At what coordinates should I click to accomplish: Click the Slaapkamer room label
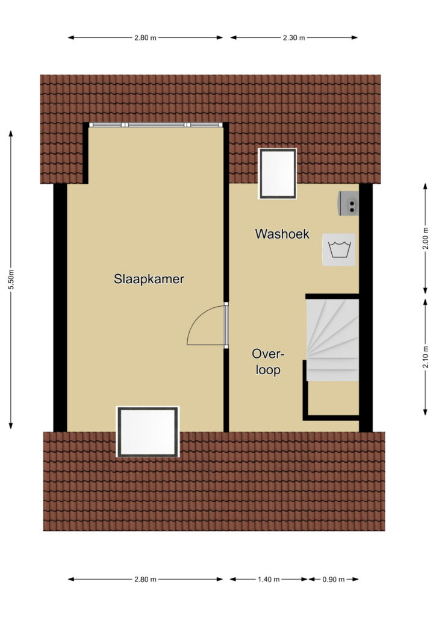(149, 279)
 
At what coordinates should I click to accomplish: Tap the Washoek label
(282, 234)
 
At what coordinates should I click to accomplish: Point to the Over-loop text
(268, 362)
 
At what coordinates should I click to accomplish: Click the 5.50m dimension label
(11, 280)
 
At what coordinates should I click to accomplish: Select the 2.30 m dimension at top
(294, 38)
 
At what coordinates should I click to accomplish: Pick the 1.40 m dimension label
(269, 579)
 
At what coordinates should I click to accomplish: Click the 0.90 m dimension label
(334, 579)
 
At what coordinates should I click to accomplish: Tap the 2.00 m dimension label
(425, 239)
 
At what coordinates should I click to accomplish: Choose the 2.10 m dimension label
(425, 357)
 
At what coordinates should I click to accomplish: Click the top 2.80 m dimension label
(146, 38)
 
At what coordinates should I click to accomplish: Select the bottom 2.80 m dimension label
(146, 579)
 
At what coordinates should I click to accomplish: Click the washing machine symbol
(338, 249)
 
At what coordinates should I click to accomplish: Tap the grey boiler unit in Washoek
(349, 204)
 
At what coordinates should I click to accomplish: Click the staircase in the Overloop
(332, 340)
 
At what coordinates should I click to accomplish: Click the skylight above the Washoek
(277, 174)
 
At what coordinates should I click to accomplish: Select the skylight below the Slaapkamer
(148, 431)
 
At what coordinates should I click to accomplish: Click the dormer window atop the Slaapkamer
(156, 125)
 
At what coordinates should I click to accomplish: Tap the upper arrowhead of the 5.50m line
(11, 134)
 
